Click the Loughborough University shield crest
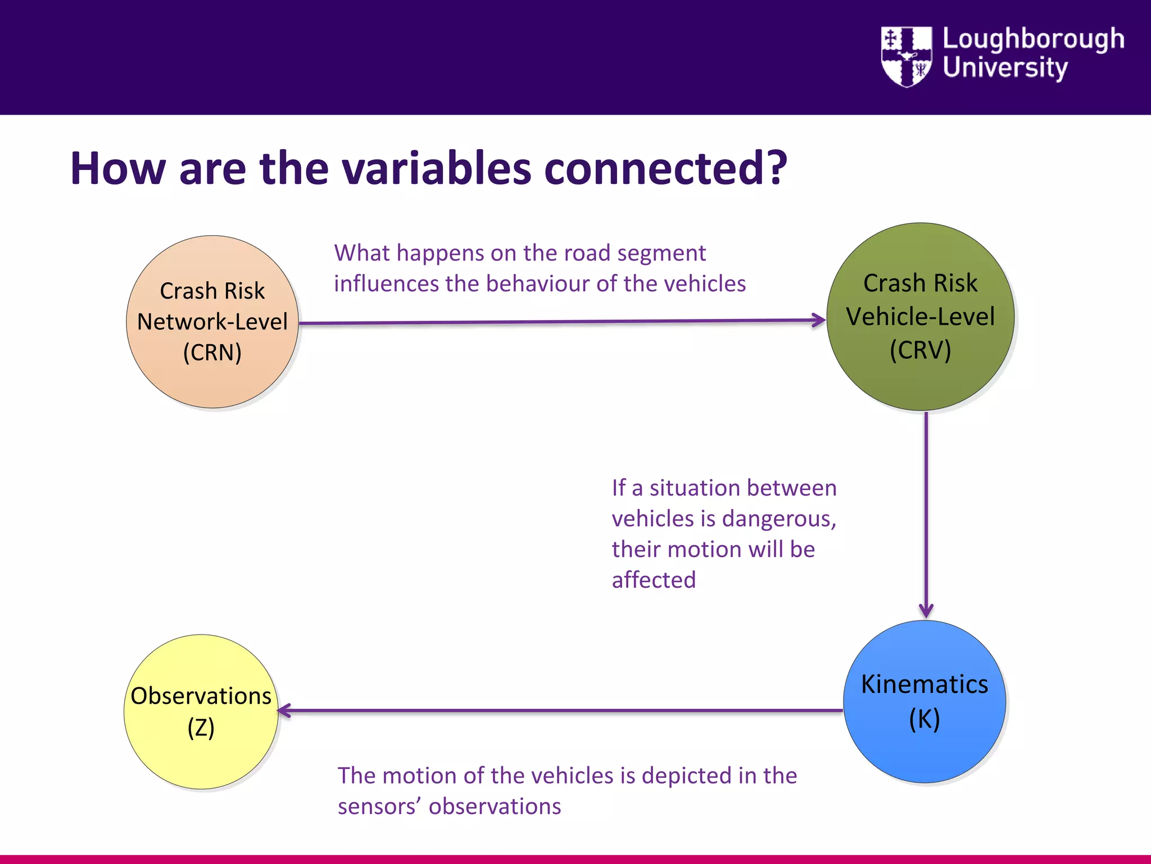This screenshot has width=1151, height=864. coord(906,56)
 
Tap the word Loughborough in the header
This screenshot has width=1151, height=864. coord(1033,39)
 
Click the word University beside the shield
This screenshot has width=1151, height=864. coord(1005,67)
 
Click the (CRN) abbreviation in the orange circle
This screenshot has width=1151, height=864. coord(212,353)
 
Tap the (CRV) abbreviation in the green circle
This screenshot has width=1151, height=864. coord(920,350)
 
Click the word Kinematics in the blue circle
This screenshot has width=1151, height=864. coord(925,685)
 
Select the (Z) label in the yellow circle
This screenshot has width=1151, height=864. coord(201,727)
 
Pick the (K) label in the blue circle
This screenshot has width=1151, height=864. coord(925,719)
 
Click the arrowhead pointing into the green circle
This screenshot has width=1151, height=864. coord(819,320)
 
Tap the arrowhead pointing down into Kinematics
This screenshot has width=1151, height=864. coord(926,611)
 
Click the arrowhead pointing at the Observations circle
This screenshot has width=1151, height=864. coord(285,710)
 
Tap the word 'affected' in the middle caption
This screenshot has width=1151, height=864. coord(654,580)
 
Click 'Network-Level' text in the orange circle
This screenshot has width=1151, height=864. coord(212,322)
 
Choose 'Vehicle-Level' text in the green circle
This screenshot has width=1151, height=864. coord(920,316)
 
